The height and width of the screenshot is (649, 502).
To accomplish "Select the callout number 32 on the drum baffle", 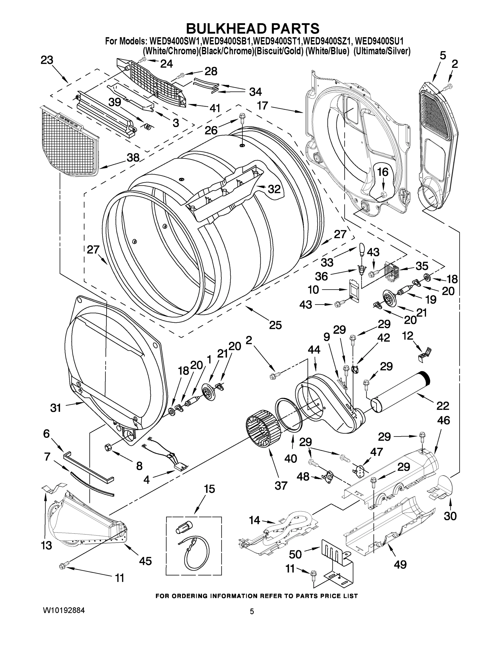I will tap(274, 189).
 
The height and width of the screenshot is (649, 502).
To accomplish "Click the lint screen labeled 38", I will tap(70, 140).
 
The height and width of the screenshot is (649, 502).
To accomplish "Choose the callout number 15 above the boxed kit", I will tap(209, 489).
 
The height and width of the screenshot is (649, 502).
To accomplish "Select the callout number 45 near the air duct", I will tap(145, 561).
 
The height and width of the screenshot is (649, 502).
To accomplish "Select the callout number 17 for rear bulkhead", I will tap(263, 105).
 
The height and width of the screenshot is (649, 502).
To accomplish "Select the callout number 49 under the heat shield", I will tap(400, 564).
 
